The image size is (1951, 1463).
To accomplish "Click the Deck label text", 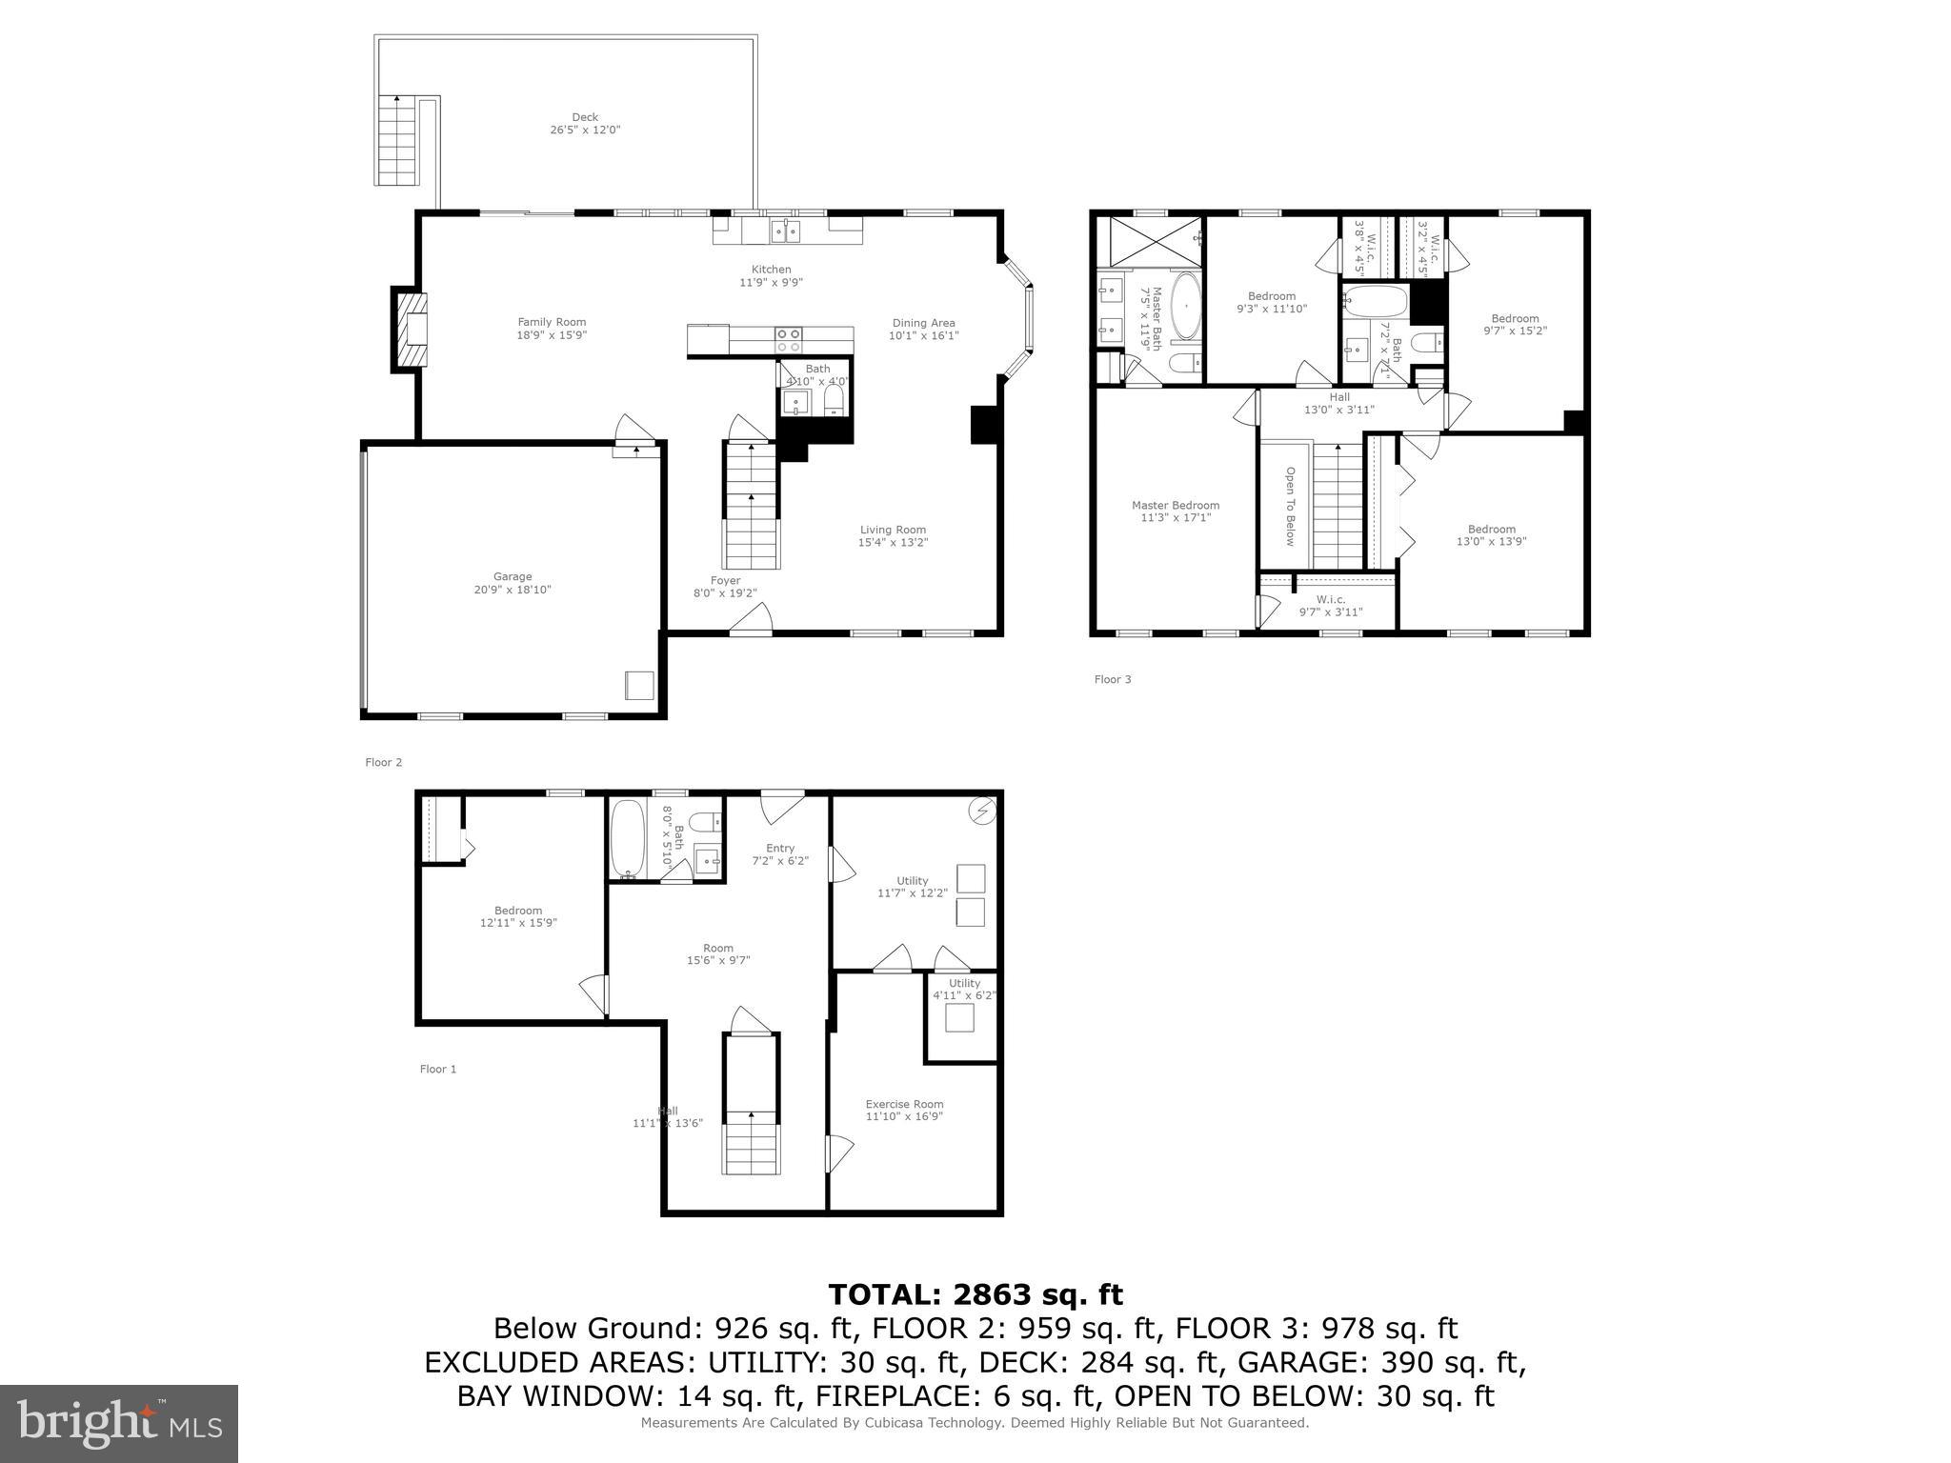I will pyautogui.click(x=585, y=118).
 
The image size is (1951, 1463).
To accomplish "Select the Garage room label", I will pyautogui.click(x=513, y=576).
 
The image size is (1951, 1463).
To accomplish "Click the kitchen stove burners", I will pyautogui.click(x=788, y=334).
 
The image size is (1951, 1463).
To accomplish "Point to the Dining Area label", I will pyautogui.click(x=923, y=323).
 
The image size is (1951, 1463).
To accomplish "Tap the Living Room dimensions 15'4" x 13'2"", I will pyautogui.click(x=893, y=543).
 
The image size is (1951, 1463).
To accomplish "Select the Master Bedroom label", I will pyautogui.click(x=1176, y=506).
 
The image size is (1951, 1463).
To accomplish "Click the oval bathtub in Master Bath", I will pyautogui.click(x=1186, y=307).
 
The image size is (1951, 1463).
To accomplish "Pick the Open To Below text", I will pyautogui.click(x=1290, y=506).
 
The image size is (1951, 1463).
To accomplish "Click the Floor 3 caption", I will pyautogui.click(x=1113, y=679).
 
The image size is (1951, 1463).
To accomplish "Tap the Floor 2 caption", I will pyautogui.click(x=384, y=762).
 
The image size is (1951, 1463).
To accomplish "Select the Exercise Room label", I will pyautogui.click(x=904, y=1104).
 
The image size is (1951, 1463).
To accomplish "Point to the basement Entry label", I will pyautogui.click(x=779, y=849).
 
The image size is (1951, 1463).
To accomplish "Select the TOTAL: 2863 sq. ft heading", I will pyautogui.click(x=975, y=1294).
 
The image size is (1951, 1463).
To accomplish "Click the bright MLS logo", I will pyautogui.click(x=119, y=1424).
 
